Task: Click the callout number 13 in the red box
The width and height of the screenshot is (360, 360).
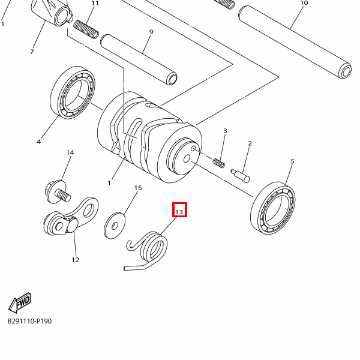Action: [x=179, y=212]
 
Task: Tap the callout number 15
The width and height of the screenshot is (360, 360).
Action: [x=138, y=188]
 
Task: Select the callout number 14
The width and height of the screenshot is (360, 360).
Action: [x=70, y=152]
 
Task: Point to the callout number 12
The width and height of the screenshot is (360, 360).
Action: [x=76, y=260]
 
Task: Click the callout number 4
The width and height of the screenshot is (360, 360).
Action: [x=39, y=142]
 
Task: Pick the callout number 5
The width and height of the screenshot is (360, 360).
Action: [x=292, y=161]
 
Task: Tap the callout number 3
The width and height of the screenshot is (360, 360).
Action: [x=225, y=131]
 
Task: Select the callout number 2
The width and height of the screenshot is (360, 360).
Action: [x=250, y=143]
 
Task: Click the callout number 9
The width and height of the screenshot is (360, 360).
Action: [x=151, y=32]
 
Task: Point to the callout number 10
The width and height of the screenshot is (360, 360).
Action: [x=304, y=3]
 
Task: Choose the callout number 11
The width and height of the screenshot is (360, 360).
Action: [x=95, y=3]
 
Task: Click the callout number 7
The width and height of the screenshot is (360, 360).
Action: [x=32, y=52]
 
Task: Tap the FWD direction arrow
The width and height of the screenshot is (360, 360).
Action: [x=20, y=303]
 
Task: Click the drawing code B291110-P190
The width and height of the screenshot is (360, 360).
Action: [x=29, y=321]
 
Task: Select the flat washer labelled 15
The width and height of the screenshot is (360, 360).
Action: [x=115, y=226]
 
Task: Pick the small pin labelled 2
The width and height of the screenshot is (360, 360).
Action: [x=240, y=176]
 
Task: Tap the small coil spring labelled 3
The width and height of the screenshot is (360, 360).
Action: [x=219, y=163]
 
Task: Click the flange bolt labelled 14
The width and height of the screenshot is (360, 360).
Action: [x=57, y=192]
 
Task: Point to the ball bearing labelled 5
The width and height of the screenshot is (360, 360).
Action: [x=273, y=208]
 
